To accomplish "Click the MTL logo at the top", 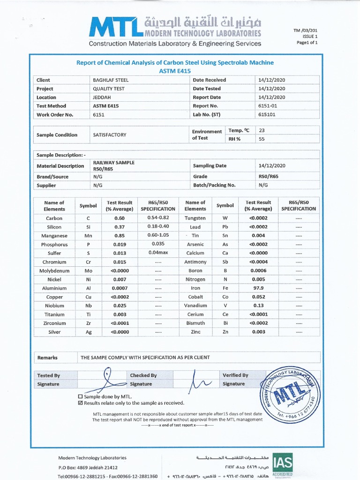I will click(115, 27).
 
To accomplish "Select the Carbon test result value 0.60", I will click(120, 218).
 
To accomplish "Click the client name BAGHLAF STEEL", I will click(111, 80).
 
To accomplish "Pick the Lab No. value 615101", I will click(268, 115).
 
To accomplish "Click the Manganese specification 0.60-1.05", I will click(158, 236).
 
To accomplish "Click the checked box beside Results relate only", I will click(80, 403).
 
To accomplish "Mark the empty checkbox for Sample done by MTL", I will click(80, 397).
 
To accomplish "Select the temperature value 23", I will click(262, 131).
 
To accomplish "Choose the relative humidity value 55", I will click(262, 139).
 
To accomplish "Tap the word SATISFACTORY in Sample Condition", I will click(110, 135).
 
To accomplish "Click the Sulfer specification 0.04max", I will click(158, 253).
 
